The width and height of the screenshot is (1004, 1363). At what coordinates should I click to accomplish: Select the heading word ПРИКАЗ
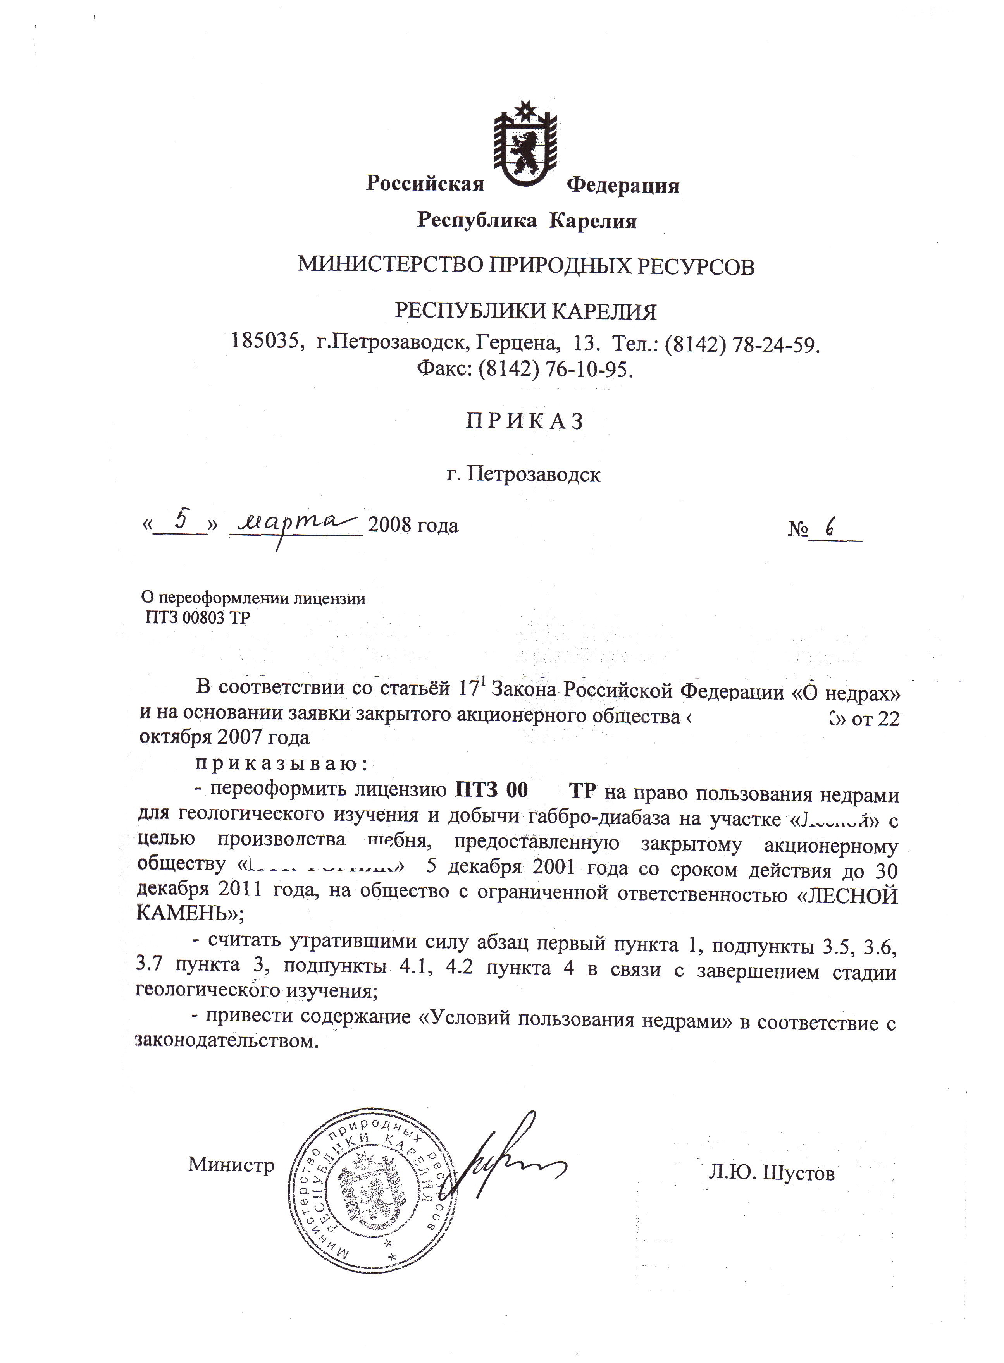(525, 420)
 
